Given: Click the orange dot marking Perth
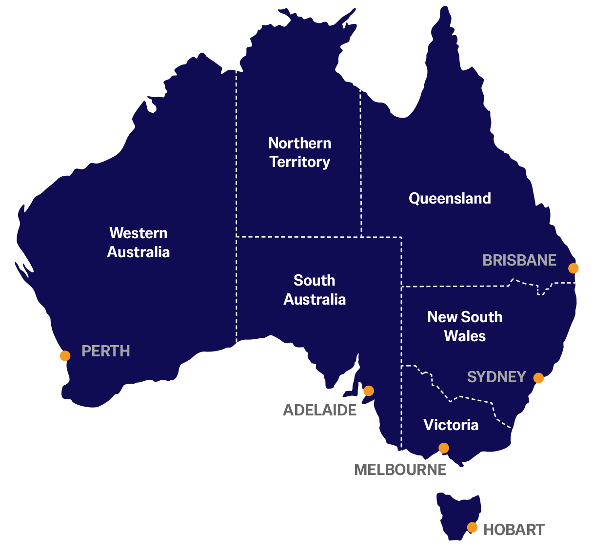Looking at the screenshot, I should pos(65,356).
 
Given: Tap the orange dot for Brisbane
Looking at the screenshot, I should pos(574,268).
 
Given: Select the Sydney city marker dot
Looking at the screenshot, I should pos(538,378).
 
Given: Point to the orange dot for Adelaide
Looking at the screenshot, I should pos(369,391).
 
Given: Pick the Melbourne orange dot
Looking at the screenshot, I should pos(443,448).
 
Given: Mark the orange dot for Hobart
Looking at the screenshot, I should pos(472,527).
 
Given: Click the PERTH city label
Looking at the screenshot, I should pos(105,351).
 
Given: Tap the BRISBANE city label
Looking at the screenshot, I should pos(519,260).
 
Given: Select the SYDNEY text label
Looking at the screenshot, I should pos(496,377).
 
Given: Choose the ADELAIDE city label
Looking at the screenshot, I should pos(320,410).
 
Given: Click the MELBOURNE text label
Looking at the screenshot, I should pos(400,470).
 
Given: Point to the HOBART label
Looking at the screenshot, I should pos(514,530).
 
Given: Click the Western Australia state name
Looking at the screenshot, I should pos(139,243).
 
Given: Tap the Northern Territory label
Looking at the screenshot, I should pos(300,152).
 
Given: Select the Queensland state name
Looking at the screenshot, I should pos(450,198).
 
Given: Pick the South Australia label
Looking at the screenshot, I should pos(315,290).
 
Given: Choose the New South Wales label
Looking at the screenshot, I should pos(465,327).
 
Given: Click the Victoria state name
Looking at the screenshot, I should pos(451,425).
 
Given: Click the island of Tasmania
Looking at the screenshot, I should pos(456,513).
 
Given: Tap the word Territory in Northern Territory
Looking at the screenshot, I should pos(300,162).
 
